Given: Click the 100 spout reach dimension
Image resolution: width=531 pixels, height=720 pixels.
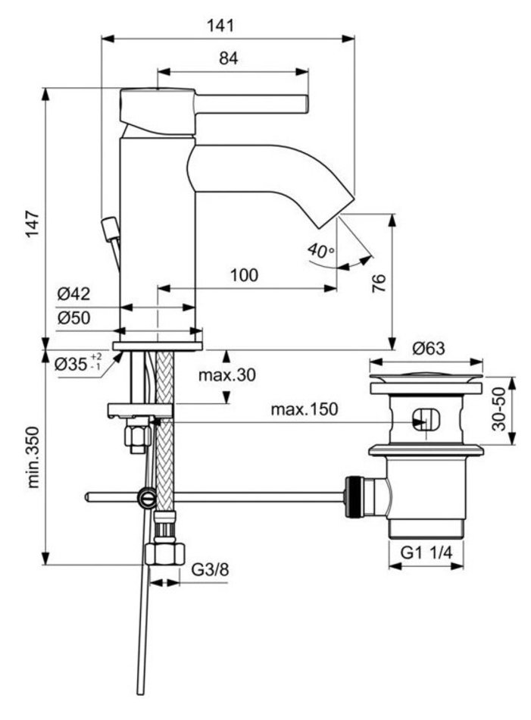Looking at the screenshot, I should (x=243, y=275).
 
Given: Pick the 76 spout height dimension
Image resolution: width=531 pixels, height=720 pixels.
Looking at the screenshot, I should (x=379, y=283).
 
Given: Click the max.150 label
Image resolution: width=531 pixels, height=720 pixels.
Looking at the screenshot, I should (x=305, y=410).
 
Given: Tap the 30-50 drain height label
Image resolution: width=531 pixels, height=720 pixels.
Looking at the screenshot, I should (x=498, y=410).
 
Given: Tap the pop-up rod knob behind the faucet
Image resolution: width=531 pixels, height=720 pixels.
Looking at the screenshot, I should (x=111, y=227).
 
